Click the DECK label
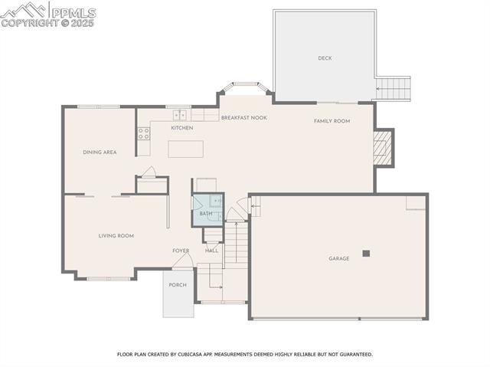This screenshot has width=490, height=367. click(x=325, y=58)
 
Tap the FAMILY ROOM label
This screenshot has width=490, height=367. click(x=332, y=121)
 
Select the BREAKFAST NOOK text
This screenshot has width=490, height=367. click(x=243, y=118)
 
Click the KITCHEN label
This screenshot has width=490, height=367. click(x=181, y=128)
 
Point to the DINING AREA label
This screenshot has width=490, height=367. click(x=100, y=152)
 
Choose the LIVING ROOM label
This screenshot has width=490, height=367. click(x=116, y=236)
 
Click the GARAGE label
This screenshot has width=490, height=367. click(x=338, y=259)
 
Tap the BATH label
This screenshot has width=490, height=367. click(x=205, y=214)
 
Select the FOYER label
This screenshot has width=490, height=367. click(x=181, y=251)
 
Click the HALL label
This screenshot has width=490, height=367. click(x=211, y=251)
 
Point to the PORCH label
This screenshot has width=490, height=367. click(x=178, y=285)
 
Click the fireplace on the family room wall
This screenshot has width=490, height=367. click(x=383, y=148)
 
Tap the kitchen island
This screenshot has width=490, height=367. click(x=181, y=148)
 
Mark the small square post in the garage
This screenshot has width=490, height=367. click(x=366, y=253)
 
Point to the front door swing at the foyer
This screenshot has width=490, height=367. click(x=181, y=263)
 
